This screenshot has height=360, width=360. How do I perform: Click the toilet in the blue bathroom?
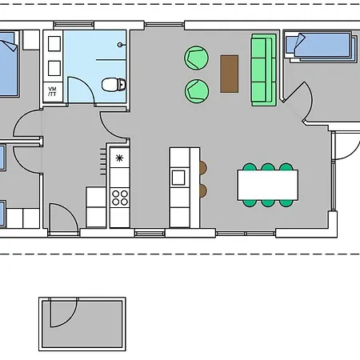pyautogui.click(x=115, y=83)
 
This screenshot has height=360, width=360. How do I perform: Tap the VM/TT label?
pyautogui.click(x=53, y=90)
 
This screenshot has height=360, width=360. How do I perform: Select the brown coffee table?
pyautogui.click(x=230, y=74)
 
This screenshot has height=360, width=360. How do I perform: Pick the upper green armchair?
pyautogui.click(x=196, y=58)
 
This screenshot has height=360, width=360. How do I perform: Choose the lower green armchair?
pyautogui.click(x=196, y=90)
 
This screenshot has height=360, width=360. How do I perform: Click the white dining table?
pyautogui.click(x=267, y=186)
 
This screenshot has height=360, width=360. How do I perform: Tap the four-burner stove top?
pyautogui.click(x=119, y=197)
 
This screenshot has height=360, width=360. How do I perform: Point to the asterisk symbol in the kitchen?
pyautogui.click(x=119, y=158)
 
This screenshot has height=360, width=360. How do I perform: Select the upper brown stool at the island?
pyautogui.click(x=202, y=168)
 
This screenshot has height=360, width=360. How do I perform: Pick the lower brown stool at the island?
pyautogui.click(x=202, y=190)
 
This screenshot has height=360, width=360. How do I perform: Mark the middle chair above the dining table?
pyautogui.click(x=267, y=168)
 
